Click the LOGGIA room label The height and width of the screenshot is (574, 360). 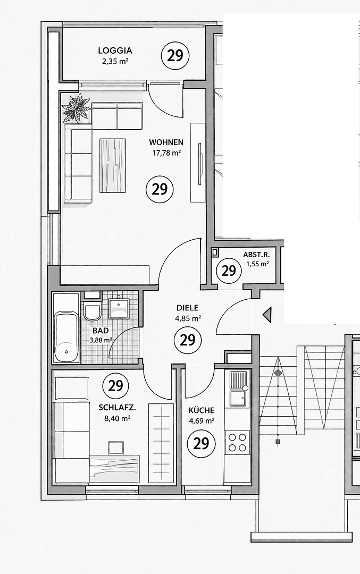coord(115,51)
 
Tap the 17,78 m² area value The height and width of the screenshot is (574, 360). coord(166,153)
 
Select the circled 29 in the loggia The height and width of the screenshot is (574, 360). coord(175,55)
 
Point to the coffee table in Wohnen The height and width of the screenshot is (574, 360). coord(113,165)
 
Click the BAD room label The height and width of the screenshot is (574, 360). coord(101,331)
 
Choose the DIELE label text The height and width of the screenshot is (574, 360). coord(187,308)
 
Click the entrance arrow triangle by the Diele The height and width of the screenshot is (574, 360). coord(267,315)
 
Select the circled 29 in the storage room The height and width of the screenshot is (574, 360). coord(228,271)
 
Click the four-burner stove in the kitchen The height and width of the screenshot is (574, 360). coord(237,442)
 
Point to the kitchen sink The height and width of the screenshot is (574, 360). coord(237,396)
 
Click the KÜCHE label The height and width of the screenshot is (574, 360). coord(202,410)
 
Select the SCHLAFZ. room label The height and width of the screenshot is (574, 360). coord(117,408)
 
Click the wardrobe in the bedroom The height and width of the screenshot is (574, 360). coord(161,442)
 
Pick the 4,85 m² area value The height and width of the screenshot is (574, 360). coord(187,319)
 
